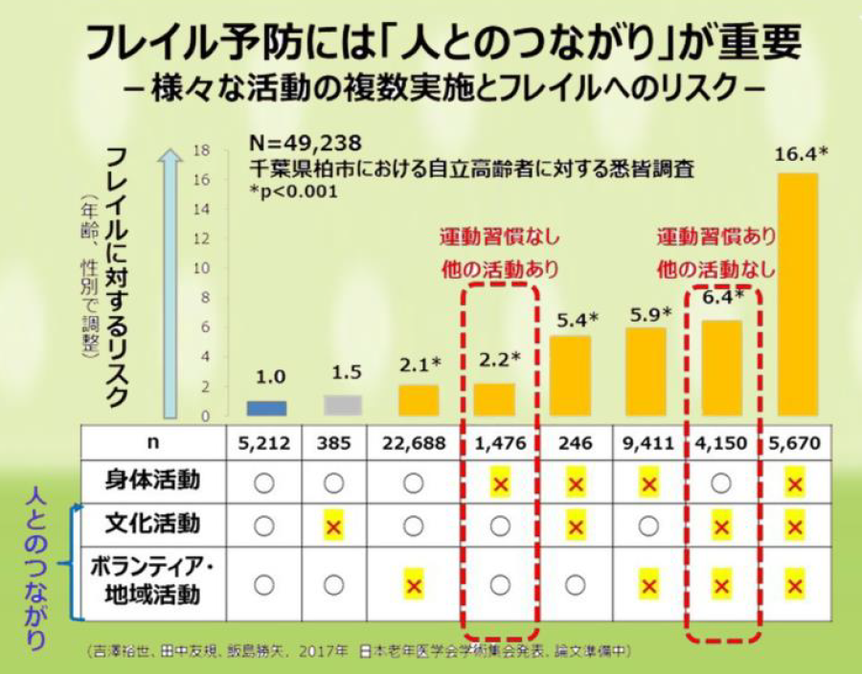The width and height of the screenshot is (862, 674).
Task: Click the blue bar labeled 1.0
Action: coord(266,408)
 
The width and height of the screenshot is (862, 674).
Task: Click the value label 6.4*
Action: coord(724,297)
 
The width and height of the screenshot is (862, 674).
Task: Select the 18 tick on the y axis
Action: coord(201,150)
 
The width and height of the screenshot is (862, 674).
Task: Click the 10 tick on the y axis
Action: coord(201,268)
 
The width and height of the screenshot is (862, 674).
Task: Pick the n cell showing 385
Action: coord(334,443)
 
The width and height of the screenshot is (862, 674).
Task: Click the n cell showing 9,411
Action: coord(648,443)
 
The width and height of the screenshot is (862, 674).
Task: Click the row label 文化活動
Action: coord(153,525)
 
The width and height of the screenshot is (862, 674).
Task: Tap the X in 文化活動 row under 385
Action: coord(334,527)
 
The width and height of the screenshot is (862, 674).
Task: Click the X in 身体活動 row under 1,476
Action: coord(499,483)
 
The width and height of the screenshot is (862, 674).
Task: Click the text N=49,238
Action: coord(305,144)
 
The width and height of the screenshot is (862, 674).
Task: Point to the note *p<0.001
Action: coord(287,190)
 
